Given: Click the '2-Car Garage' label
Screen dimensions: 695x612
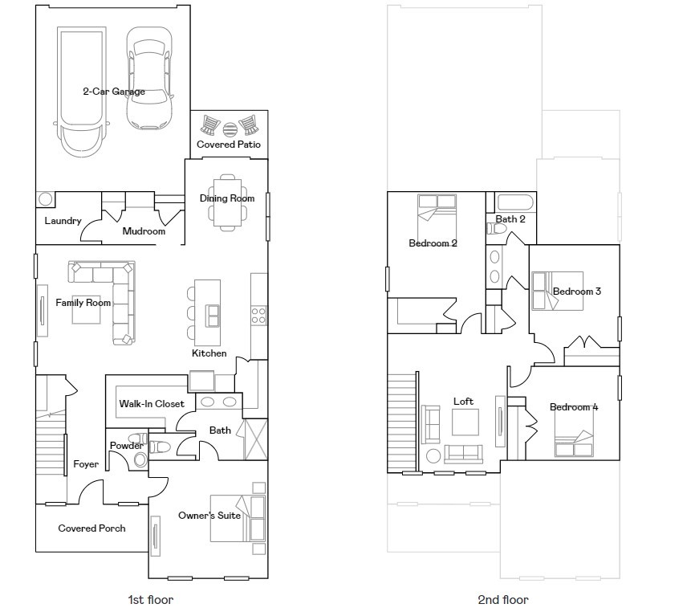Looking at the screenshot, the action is click(x=114, y=92).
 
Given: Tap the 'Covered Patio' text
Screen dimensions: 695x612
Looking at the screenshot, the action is click(x=229, y=144).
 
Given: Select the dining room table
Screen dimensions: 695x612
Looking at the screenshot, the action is click(x=227, y=202).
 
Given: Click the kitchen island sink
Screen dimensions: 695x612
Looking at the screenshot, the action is click(x=213, y=316).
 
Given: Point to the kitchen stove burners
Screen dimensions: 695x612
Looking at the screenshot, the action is click(x=259, y=316).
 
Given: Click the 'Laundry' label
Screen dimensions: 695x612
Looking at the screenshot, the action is click(x=63, y=221).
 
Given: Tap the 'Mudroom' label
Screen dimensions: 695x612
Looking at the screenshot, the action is click(x=144, y=231).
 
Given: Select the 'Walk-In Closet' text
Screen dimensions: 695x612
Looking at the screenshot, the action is click(x=152, y=403).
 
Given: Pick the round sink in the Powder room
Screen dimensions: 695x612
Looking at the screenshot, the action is click(x=140, y=460).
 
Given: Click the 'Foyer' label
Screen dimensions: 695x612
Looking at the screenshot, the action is click(x=86, y=464).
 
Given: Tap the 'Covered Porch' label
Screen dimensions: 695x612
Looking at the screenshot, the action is click(x=91, y=528).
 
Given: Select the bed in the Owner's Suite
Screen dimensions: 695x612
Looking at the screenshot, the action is click(x=238, y=518).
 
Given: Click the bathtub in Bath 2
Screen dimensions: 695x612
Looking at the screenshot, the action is click(x=515, y=202).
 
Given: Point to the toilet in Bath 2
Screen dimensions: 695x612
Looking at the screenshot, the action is click(x=497, y=229).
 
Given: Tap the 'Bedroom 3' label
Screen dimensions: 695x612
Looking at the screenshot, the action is click(x=577, y=292).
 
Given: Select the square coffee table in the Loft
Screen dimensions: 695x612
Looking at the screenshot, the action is click(x=465, y=422).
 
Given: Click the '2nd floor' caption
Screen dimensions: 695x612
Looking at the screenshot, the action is click(x=503, y=600).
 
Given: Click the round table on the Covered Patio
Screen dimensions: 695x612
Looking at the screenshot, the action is click(x=230, y=129).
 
